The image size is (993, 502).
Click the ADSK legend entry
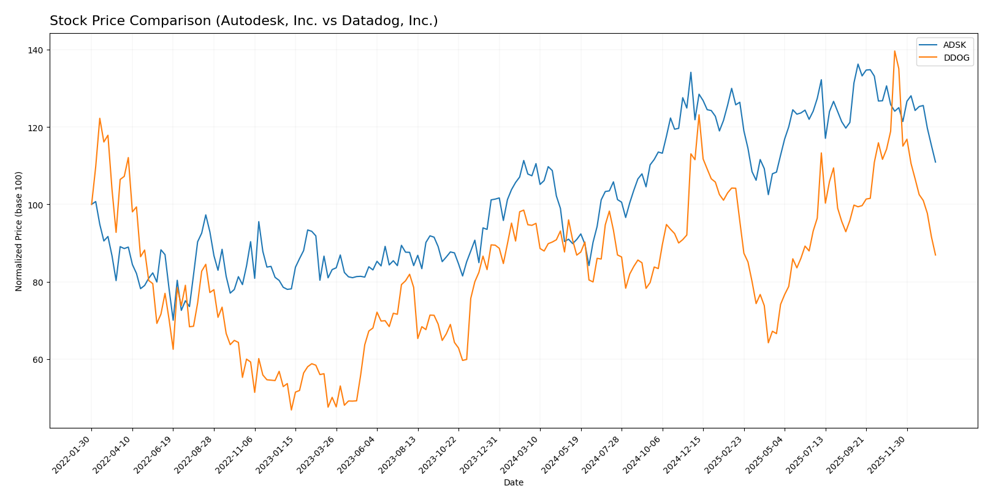point(954,45)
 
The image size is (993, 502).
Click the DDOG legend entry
point(956,58)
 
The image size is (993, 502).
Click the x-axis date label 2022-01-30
point(73,454)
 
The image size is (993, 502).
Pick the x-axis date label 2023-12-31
point(481,454)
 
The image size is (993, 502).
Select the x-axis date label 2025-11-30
point(888,454)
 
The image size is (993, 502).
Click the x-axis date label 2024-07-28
point(603,454)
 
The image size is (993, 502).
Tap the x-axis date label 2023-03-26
point(318,454)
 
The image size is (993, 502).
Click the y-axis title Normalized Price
point(19,231)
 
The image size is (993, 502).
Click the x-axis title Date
point(513,483)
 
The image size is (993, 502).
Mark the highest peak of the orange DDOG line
point(894,51)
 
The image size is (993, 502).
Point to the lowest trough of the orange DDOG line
point(291,409)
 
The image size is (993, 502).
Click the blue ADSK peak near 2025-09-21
point(858,64)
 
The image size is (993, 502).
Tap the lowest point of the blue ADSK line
point(173,320)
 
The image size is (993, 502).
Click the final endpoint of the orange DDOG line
point(935,255)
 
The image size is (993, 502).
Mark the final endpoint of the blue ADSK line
point(935,162)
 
